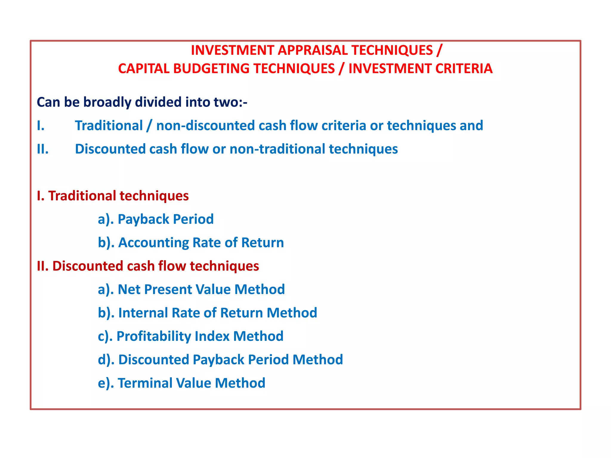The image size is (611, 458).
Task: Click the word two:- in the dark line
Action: tap(230, 102)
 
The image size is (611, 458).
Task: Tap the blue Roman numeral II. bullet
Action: tap(43, 149)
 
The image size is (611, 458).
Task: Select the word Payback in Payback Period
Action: tap(143, 219)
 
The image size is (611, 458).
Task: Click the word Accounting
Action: tap(153, 243)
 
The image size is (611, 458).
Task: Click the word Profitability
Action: tap(153, 336)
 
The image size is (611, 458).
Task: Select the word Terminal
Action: tap(145, 383)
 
